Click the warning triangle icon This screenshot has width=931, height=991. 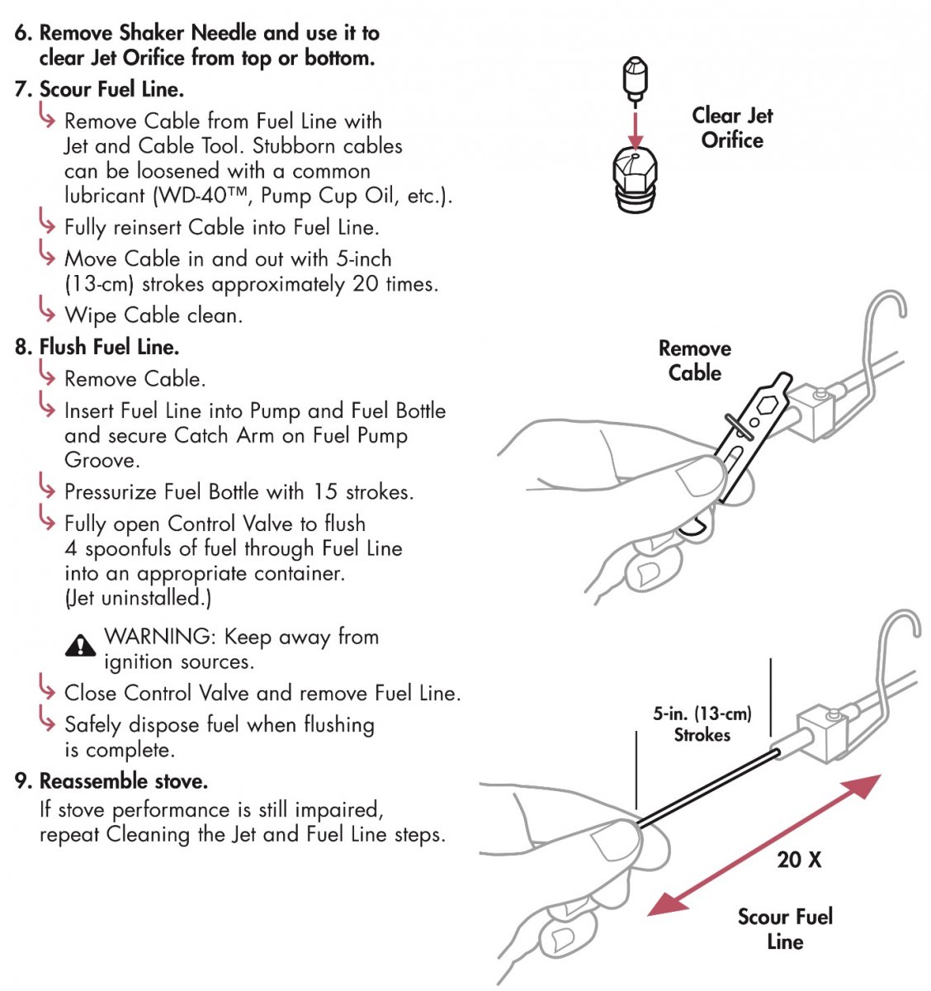point(80,644)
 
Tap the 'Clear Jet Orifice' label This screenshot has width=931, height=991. point(732,128)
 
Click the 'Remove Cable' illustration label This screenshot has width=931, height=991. point(695,361)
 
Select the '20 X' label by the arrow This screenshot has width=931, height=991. point(799,860)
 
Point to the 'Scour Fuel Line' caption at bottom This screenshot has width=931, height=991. point(785,929)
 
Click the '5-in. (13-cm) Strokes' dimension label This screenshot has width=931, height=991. point(702,724)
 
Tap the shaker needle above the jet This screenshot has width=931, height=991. point(634,79)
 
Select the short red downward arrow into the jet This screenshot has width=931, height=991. point(634,128)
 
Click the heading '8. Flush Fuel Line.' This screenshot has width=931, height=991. point(97,347)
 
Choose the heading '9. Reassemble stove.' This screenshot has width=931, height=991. point(111,781)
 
